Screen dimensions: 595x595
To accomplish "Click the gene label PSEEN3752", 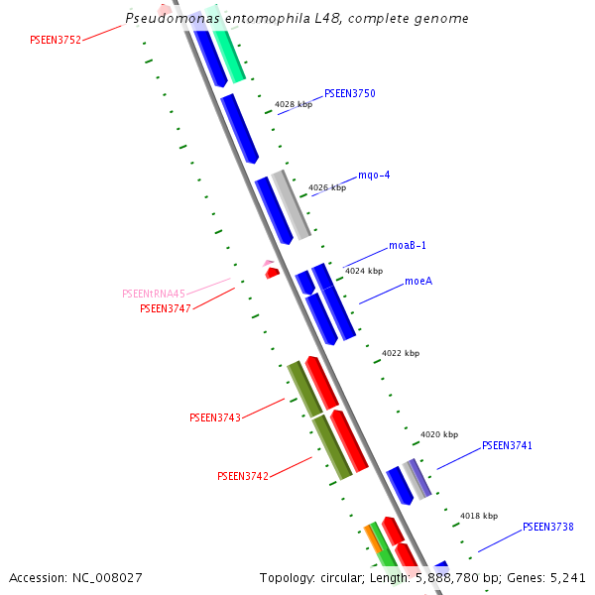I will coord(56,40).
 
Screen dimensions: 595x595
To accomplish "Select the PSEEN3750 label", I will coord(349,93).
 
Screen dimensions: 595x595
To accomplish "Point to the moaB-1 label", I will coord(408,245).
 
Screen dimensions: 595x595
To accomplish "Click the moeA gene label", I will coord(418,282).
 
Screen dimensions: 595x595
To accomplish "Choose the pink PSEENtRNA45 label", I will coord(154,294).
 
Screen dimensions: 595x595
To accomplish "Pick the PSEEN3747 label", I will coord(166,308).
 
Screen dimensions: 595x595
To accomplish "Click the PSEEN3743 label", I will coord(215,417).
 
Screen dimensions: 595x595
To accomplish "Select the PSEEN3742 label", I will coord(243,476).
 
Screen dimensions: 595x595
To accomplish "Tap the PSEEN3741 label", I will coord(508,446).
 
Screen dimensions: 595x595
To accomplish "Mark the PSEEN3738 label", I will coord(548,527).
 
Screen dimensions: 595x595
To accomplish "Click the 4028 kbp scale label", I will coord(294,104).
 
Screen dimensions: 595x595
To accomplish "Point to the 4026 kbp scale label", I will coord(327,187).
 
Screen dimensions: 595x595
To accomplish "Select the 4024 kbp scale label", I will coord(363,271).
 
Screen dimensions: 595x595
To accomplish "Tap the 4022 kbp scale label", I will coord(401,353).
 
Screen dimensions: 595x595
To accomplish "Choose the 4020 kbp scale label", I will coord(439,434).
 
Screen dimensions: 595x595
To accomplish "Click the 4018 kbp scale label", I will coord(479,516).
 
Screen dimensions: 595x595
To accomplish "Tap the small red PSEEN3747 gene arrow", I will coord(272,273).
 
